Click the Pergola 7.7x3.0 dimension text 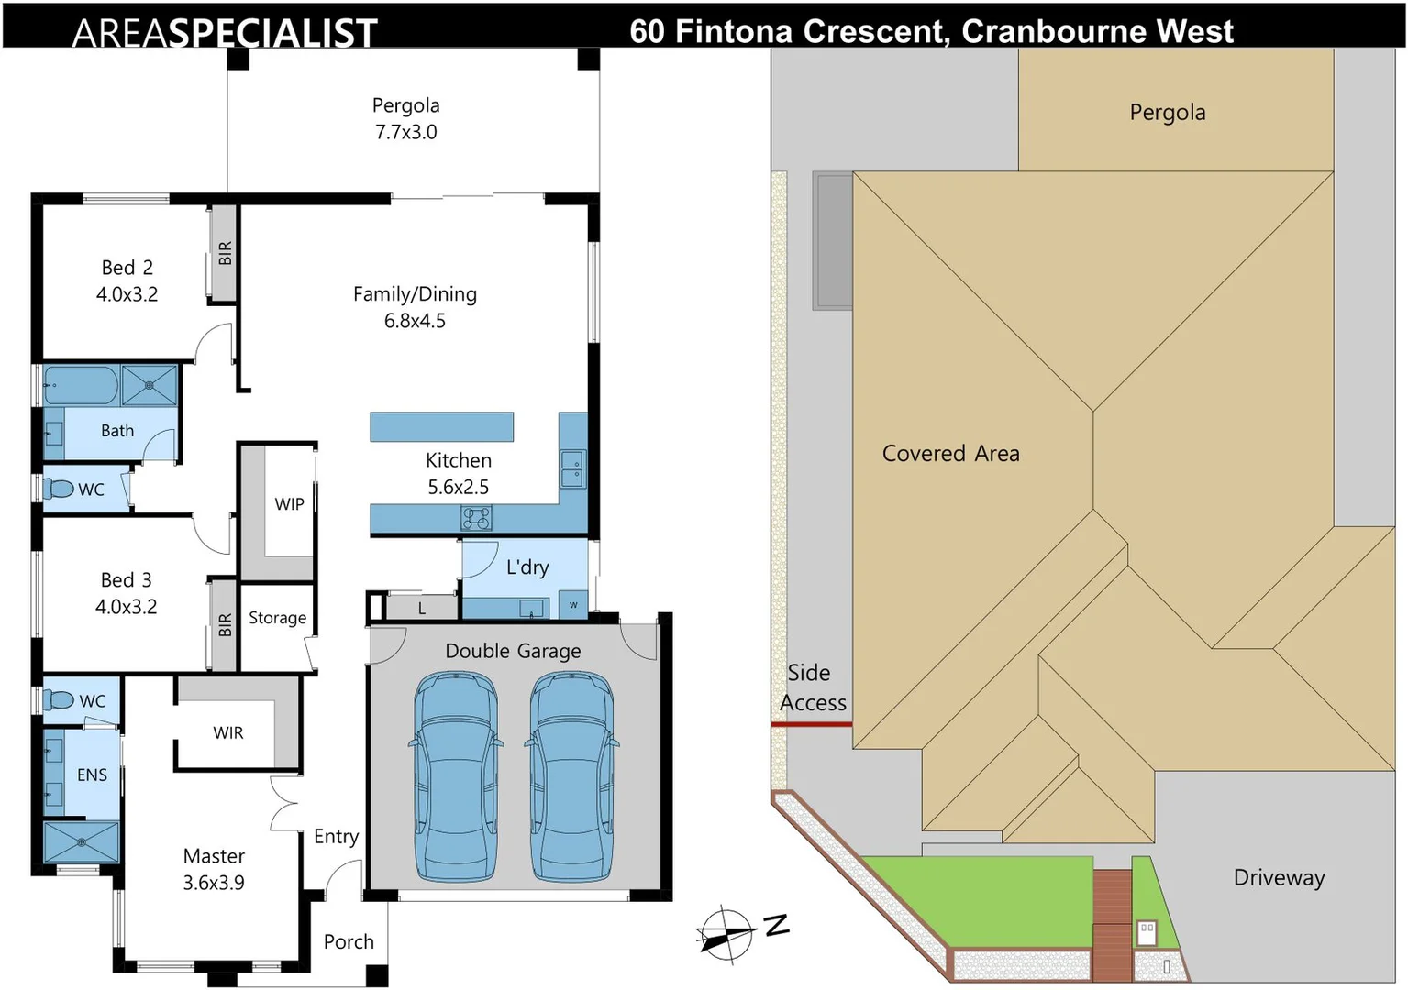click(405, 132)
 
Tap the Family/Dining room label click(415, 294)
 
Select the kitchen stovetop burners click(476, 519)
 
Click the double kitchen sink click(572, 468)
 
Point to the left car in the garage click(456, 776)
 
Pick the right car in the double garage click(571, 776)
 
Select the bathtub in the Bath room click(81, 384)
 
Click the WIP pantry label click(289, 504)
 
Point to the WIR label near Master click(228, 732)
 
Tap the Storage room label click(277, 618)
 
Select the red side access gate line click(812, 724)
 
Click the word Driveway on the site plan click(1280, 878)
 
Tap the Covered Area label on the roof click(950, 454)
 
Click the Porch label click(349, 941)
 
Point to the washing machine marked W click(573, 605)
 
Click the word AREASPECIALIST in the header click(225, 33)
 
